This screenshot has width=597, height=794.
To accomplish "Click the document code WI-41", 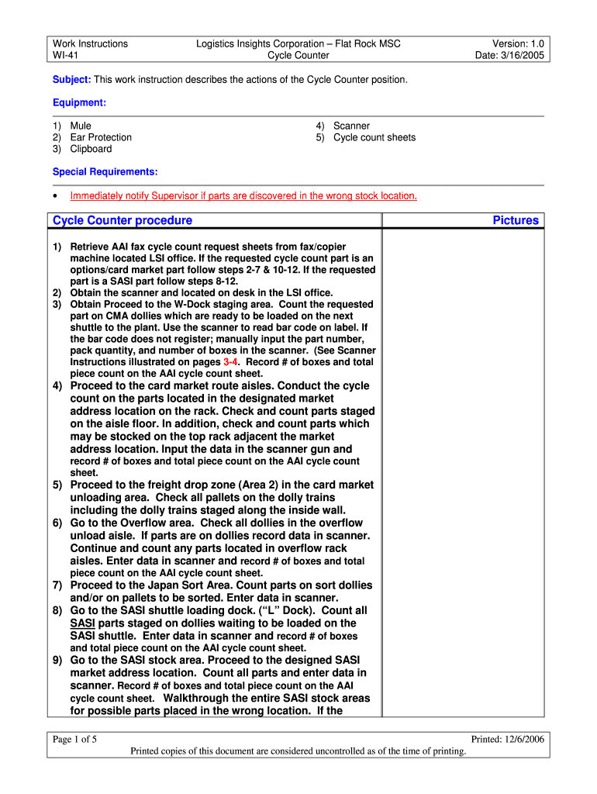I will (x=65, y=55).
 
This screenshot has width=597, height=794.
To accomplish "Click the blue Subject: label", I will (x=71, y=80).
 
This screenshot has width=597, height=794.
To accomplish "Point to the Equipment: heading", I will (x=79, y=102).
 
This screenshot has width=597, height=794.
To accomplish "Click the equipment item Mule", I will (x=81, y=126).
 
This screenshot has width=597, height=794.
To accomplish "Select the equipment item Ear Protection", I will (x=101, y=137).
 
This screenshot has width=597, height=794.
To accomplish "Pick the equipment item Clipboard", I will (x=91, y=149).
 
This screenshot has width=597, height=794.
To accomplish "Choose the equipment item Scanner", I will (x=351, y=126).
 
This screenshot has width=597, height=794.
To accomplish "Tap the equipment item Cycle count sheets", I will (x=374, y=137).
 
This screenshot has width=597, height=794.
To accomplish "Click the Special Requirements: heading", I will (x=105, y=171).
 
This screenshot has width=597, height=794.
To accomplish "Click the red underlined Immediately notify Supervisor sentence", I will (x=243, y=195).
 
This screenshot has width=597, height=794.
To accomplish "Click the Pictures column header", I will (x=515, y=220).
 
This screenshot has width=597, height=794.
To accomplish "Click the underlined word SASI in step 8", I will (x=83, y=623).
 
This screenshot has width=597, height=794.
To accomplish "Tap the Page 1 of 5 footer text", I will (x=74, y=739).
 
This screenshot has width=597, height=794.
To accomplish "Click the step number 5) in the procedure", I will (x=57, y=485).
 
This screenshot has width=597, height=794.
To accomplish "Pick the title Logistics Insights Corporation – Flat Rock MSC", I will (x=298, y=43).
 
